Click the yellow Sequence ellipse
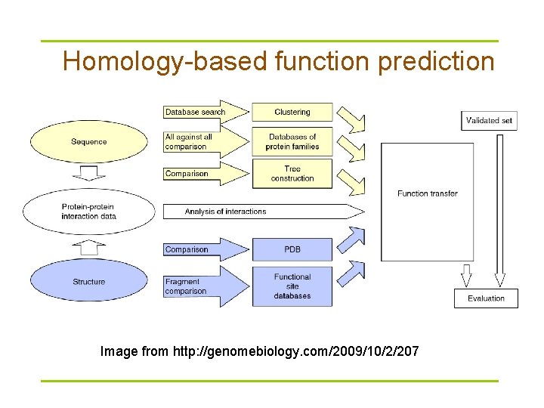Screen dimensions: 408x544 89,141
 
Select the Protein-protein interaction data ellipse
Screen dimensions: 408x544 89,212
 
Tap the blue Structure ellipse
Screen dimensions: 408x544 89,282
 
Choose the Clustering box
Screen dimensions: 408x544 292,112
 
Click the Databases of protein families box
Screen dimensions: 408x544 292,142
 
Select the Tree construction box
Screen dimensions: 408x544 292,173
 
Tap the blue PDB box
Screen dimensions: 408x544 292,249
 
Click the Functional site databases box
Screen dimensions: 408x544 292,286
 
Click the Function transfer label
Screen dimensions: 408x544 428,193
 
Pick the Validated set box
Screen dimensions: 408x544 489,120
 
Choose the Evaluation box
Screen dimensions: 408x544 486,298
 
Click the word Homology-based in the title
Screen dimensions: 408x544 165,61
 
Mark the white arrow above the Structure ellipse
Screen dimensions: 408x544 90,246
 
